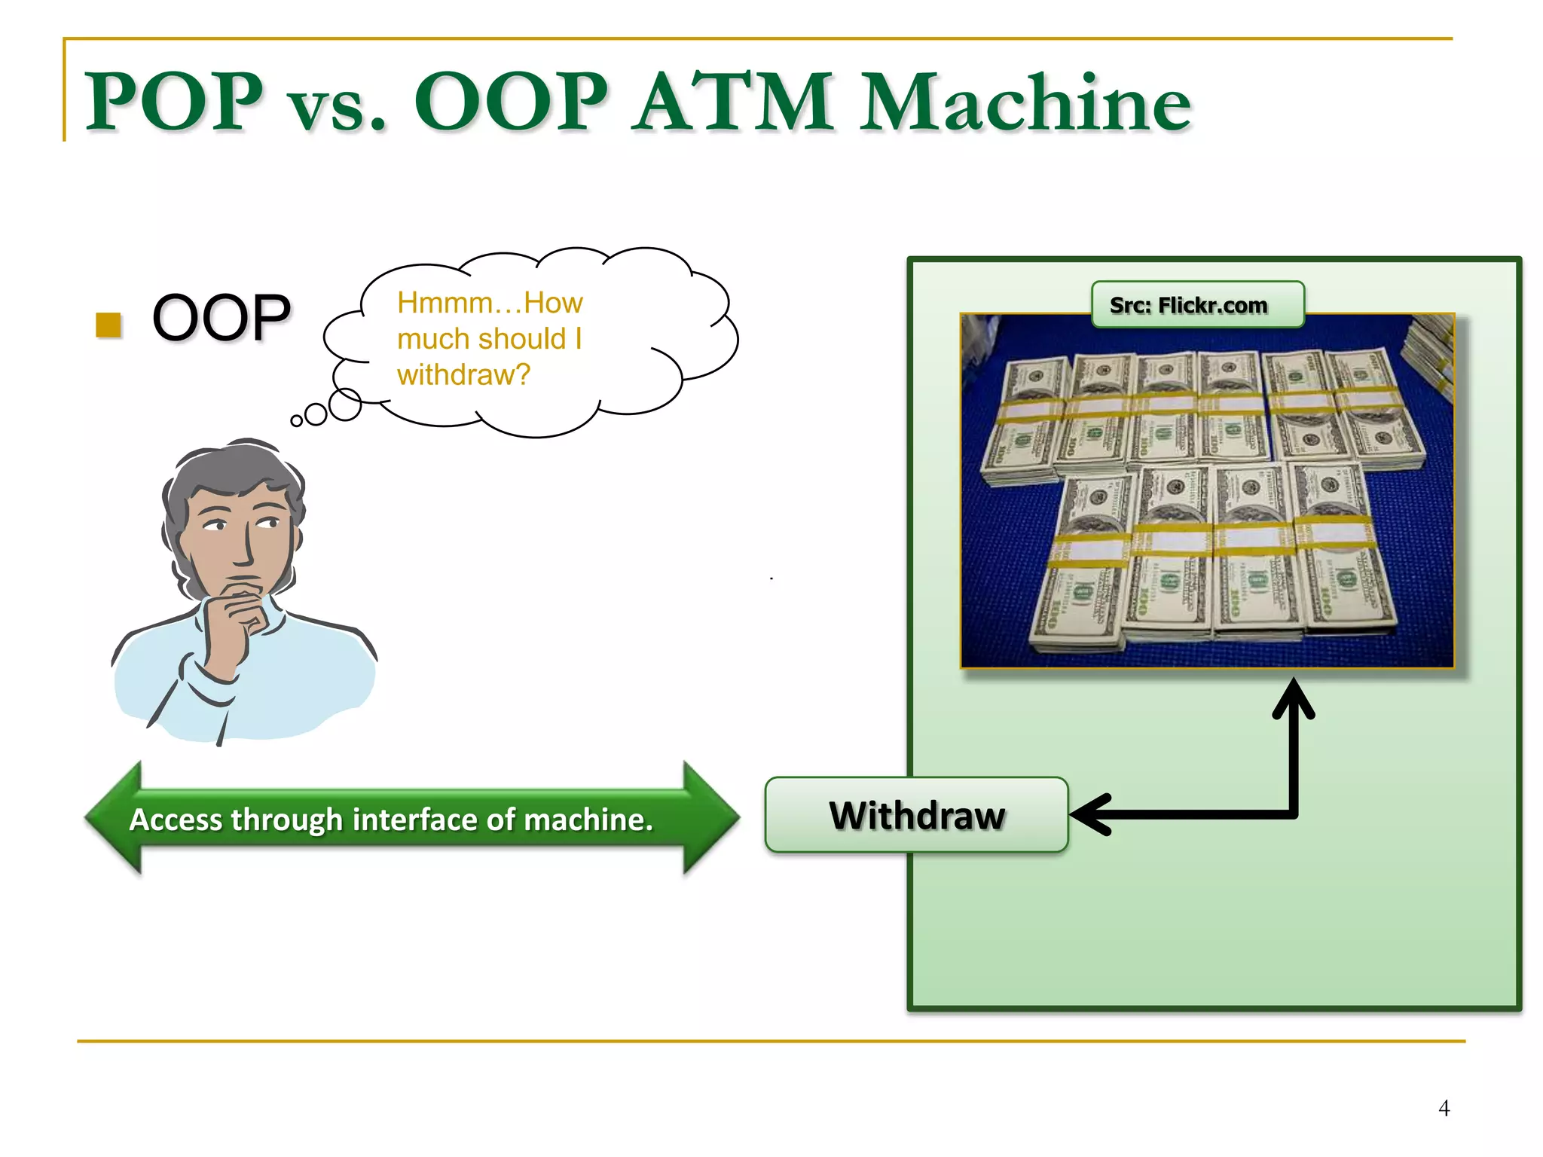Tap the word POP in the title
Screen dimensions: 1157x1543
[174, 102]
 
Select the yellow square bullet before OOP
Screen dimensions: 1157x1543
[109, 325]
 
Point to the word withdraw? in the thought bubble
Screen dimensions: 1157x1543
[463, 374]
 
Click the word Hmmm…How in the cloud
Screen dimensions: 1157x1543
[490, 303]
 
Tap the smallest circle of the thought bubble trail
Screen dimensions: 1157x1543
[297, 421]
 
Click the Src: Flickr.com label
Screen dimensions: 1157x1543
[1196, 305]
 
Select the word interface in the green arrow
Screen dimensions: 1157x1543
[414, 820]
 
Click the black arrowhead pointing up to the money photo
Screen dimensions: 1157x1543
[1294, 697]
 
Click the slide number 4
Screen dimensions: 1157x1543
[1444, 1108]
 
